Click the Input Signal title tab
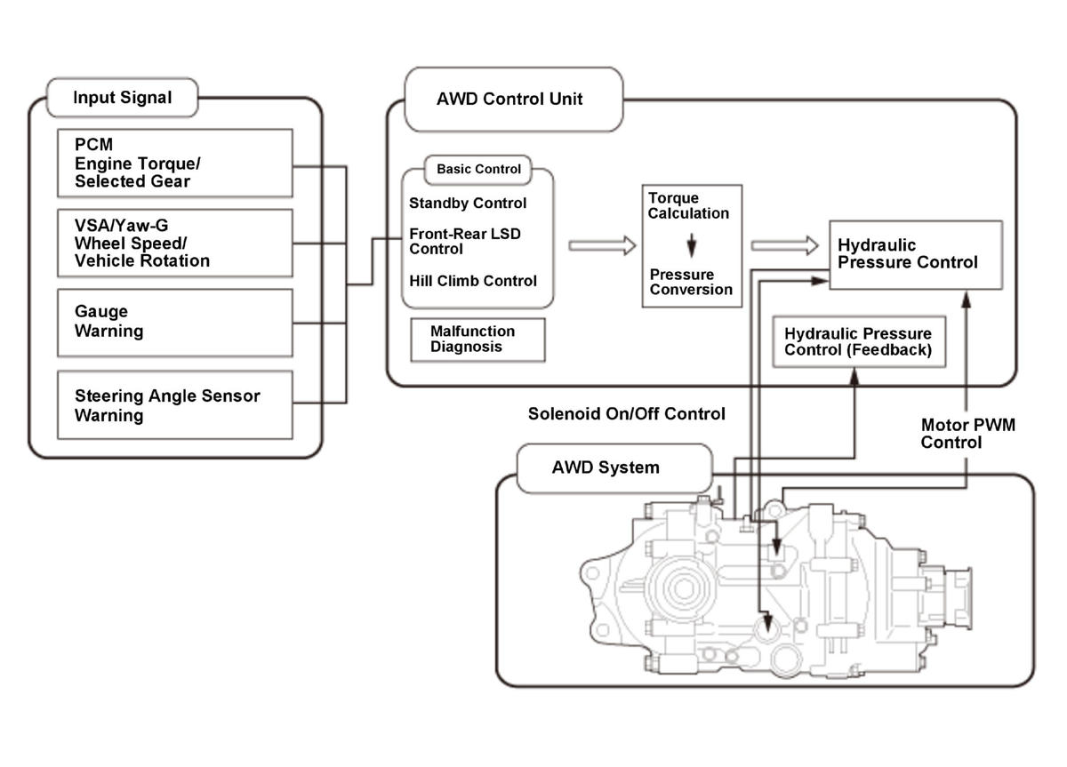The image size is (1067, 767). tap(122, 98)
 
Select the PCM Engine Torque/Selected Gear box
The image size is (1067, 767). tap(174, 163)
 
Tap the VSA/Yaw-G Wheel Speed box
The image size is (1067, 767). tap(174, 243)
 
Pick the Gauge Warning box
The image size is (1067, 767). tap(174, 322)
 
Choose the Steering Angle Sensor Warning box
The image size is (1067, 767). tap(174, 404)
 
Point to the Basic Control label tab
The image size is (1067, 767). tap(478, 169)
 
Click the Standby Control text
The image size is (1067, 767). tap(468, 204)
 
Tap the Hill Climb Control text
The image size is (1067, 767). tap(473, 281)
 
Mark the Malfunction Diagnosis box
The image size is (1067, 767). tap(477, 339)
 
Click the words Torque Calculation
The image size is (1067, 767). tap(688, 205)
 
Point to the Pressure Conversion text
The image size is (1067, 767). tap(691, 282)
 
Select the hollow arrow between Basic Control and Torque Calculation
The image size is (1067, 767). tap(602, 246)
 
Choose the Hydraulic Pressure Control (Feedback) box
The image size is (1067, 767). tap(858, 341)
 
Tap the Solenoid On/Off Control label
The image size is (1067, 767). tap(626, 414)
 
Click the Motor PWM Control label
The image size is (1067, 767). tap(967, 434)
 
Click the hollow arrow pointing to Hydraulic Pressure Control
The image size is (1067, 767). tap(783, 246)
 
